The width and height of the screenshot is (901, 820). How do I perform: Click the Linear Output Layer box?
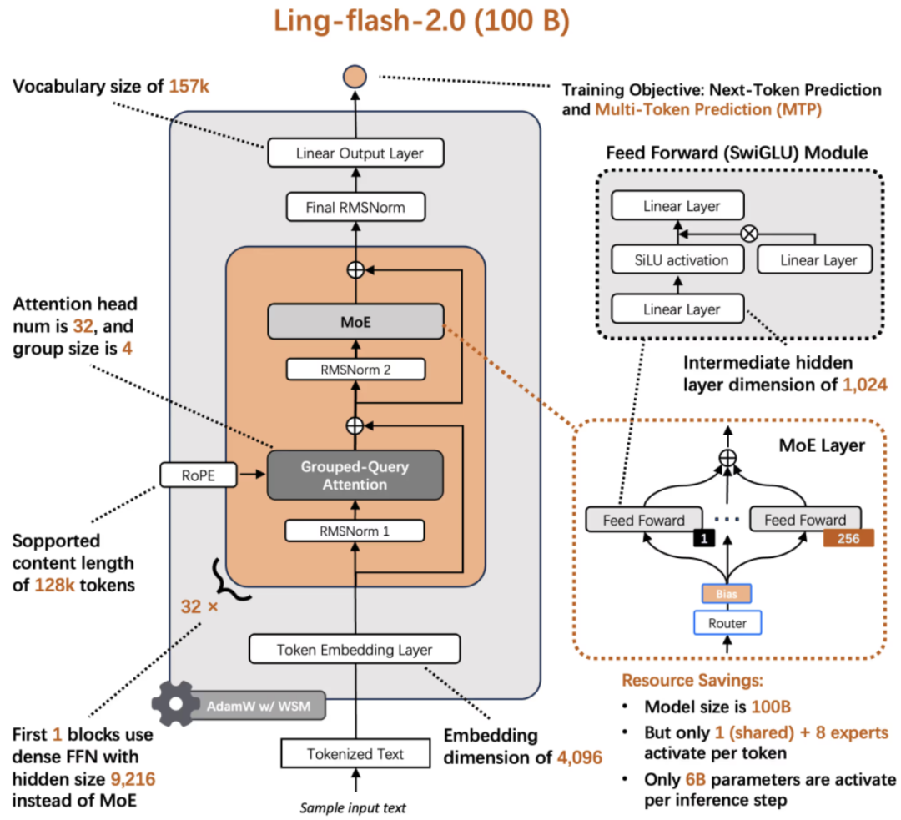[x=355, y=153]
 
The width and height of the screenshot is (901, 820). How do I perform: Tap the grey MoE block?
[x=355, y=321]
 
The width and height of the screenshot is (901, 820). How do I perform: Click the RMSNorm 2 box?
[x=355, y=370]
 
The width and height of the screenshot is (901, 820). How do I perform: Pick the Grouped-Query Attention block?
[x=355, y=475]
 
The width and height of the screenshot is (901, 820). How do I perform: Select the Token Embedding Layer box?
[x=355, y=649]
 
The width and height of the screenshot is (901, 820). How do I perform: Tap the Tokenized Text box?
[x=355, y=754]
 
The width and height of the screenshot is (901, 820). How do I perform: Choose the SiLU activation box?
[x=681, y=260]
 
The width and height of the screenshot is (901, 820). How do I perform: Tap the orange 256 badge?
[x=848, y=539]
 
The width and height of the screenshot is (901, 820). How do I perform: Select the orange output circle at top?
[x=355, y=78]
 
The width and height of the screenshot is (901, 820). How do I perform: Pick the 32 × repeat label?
[x=199, y=606]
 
